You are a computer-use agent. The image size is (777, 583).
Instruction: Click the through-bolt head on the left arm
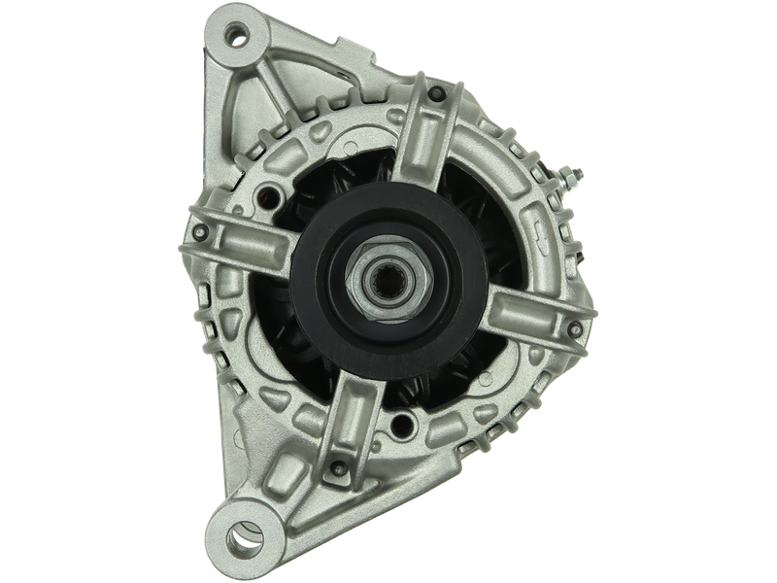[x=200, y=233]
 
